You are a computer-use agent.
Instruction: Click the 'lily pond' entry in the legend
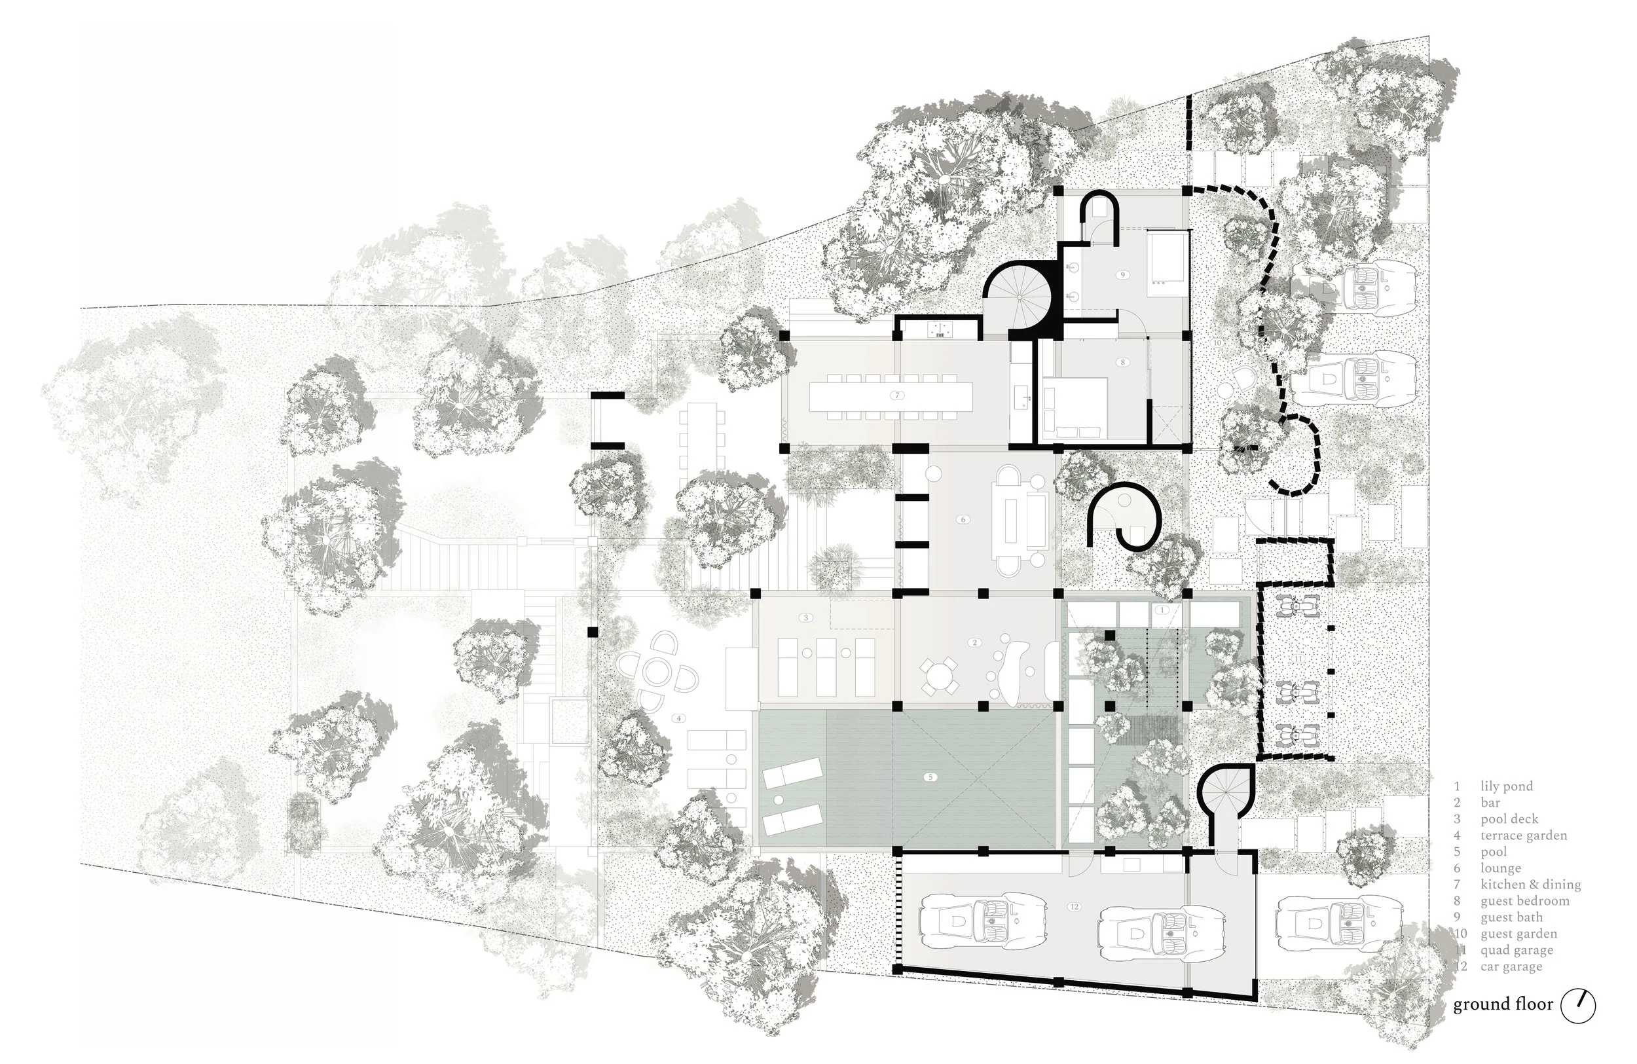tap(1506, 786)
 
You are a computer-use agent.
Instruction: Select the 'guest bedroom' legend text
tap(1524, 901)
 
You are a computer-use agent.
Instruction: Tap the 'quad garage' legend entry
tap(1517, 951)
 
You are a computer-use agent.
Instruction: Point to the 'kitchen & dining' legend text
tap(1530, 885)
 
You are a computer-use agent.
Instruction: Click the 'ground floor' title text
tap(1503, 1005)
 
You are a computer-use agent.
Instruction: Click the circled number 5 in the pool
tap(930, 777)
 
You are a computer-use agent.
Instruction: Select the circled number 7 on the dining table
tap(897, 395)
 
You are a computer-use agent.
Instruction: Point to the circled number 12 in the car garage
tap(1075, 906)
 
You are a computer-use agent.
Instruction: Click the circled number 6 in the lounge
tap(963, 519)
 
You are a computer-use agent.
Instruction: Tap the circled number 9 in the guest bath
tap(1122, 274)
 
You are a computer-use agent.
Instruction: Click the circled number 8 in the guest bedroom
tap(1122, 362)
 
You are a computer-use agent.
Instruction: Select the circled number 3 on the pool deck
tap(805, 617)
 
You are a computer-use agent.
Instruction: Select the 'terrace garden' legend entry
tap(1523, 835)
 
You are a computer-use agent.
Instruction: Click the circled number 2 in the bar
tap(974, 642)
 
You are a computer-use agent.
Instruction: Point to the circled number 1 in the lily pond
tap(1162, 610)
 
